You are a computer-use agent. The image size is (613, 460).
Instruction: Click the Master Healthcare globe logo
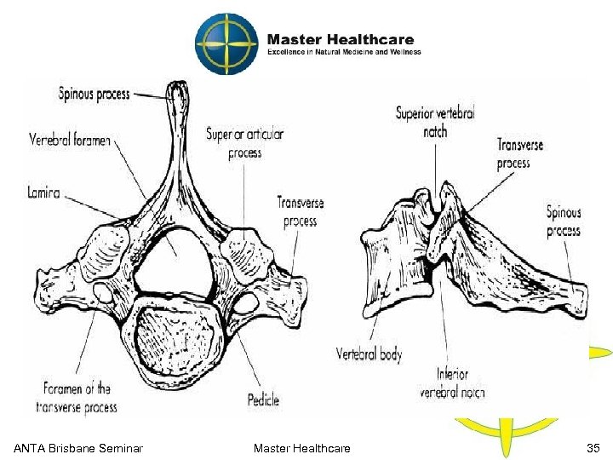(x=225, y=44)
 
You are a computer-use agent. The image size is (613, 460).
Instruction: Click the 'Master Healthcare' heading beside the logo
(x=341, y=39)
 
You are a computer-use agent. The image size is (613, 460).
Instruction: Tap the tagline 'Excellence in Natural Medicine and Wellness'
(x=344, y=52)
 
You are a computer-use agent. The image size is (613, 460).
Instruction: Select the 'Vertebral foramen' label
(x=70, y=140)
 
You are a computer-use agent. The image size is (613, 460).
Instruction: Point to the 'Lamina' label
(x=44, y=193)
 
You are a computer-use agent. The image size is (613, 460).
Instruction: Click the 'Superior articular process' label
(x=244, y=143)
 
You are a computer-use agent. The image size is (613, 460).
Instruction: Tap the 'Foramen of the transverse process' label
(x=77, y=399)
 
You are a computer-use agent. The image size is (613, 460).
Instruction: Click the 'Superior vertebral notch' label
(x=435, y=122)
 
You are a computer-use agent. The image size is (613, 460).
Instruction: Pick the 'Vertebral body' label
(x=369, y=354)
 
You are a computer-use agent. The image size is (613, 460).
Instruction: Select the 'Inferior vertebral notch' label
(x=452, y=383)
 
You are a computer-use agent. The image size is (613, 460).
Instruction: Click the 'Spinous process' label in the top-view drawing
(x=94, y=92)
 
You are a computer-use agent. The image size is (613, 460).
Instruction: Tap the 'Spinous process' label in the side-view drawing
(x=563, y=221)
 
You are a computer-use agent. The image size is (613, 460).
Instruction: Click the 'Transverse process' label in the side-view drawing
(x=513, y=153)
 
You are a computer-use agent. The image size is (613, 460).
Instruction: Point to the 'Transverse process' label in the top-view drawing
(x=300, y=211)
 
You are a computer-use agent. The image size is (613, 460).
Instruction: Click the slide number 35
(x=593, y=448)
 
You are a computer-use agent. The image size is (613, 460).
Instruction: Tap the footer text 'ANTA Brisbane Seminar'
(x=77, y=448)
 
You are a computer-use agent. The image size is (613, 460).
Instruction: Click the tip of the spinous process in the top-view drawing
(x=177, y=87)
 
